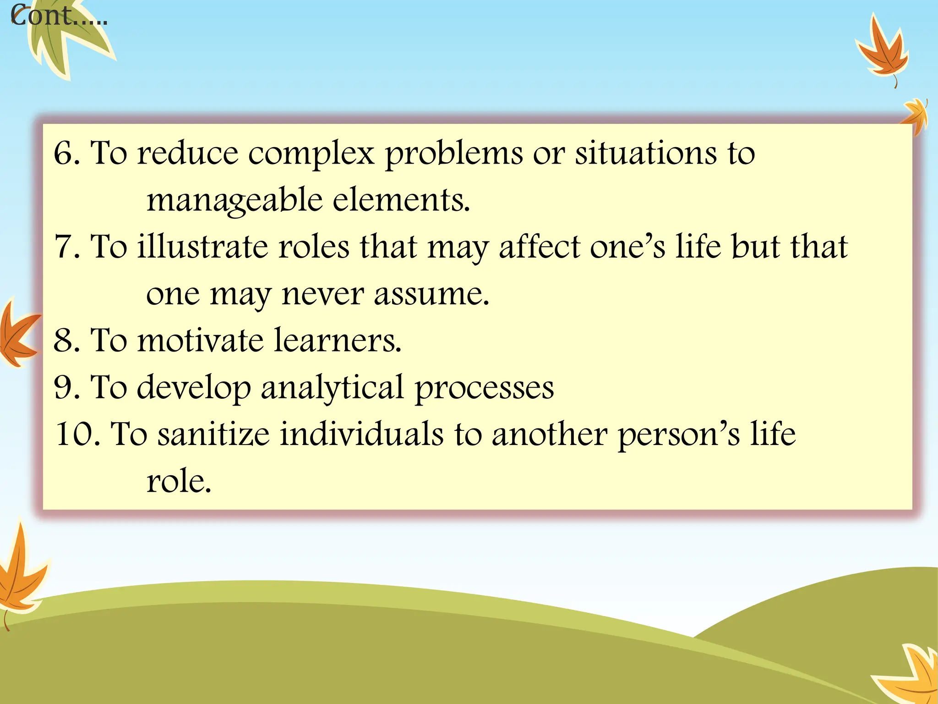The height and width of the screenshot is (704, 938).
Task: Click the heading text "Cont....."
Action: click(59, 16)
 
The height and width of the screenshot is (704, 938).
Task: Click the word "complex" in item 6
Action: click(311, 154)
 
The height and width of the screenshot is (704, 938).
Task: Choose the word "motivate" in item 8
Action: click(200, 341)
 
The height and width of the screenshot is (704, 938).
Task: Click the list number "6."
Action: click(67, 153)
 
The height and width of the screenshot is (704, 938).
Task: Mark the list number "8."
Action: click(67, 341)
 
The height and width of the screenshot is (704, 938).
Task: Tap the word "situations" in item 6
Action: click(646, 153)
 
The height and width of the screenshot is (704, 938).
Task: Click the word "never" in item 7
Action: click(322, 294)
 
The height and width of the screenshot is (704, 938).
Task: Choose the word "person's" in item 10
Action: click(678, 435)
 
